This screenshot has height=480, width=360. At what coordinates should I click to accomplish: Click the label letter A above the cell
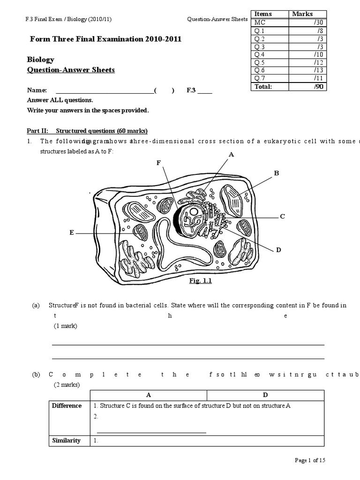(231, 154)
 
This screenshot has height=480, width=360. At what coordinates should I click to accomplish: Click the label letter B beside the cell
(277, 173)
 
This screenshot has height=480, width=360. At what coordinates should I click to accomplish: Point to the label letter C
(282, 216)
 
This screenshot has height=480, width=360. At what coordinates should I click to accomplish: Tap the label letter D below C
(278, 250)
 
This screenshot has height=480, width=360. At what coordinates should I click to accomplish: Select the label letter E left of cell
(72, 232)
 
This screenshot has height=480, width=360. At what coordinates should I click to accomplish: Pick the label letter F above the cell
(159, 162)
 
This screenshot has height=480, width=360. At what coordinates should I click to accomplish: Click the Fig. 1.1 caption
(197, 281)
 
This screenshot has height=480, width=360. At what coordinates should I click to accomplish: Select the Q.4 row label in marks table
(260, 54)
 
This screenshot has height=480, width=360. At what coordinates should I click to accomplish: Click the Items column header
(263, 14)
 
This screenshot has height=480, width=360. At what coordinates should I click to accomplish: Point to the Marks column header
(302, 14)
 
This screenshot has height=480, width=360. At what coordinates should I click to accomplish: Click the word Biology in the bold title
(41, 60)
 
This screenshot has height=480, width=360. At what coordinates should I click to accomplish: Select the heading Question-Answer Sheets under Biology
(71, 70)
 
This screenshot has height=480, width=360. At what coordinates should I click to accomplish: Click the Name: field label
(37, 90)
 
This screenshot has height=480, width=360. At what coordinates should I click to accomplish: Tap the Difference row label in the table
(67, 405)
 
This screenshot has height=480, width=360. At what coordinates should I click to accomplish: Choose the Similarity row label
(66, 440)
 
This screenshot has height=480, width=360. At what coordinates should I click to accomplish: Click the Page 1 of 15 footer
(310, 460)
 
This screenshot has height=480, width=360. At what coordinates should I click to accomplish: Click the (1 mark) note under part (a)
(65, 326)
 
